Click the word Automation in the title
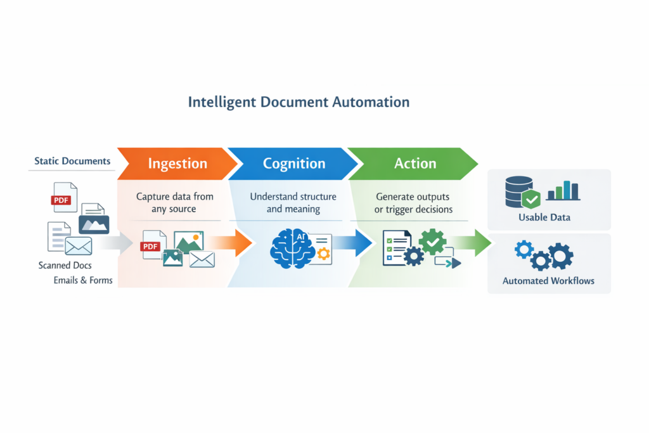pos(373,102)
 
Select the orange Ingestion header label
pos(177,164)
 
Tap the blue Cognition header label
pos(294,164)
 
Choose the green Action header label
pos(415,164)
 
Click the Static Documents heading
pos(72,161)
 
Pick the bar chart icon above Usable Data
pos(563,190)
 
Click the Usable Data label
pos(544,217)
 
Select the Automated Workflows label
pos(549,281)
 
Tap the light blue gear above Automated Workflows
pos(524,249)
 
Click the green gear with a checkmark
pos(433,242)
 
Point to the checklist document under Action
pos(395,245)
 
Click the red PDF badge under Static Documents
pos(61,200)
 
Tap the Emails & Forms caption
pos(83,280)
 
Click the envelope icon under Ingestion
pos(202,259)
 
